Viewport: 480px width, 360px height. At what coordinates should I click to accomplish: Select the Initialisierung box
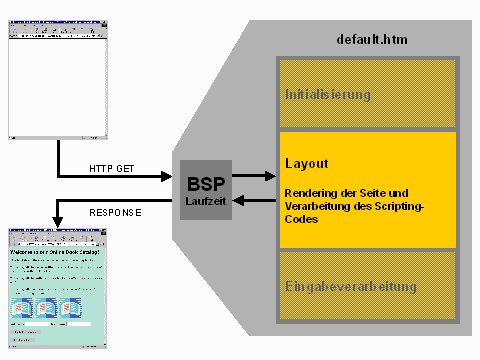tap(368, 95)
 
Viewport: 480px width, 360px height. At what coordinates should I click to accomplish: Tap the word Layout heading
tap(307, 162)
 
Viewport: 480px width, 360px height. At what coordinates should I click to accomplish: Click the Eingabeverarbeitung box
tap(368, 287)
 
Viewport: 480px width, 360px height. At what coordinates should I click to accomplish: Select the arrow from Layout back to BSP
tap(255, 199)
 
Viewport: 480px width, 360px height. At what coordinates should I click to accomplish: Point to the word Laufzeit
tap(205, 201)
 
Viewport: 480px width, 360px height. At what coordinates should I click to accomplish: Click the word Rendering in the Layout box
tap(311, 193)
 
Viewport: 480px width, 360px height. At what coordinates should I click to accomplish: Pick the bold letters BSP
tap(205, 183)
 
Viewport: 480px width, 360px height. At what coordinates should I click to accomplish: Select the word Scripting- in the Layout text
tap(398, 205)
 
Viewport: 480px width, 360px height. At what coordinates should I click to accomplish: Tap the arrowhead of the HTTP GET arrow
tap(171, 177)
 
